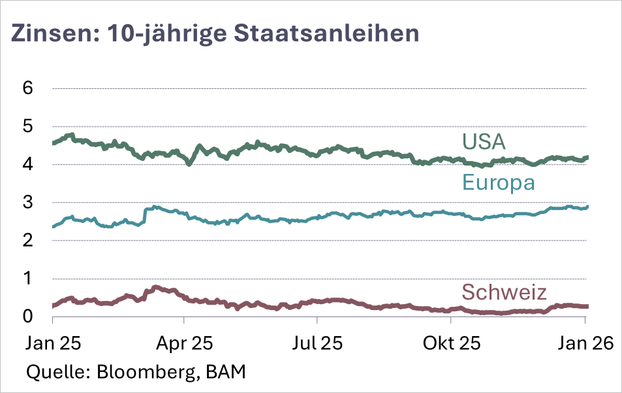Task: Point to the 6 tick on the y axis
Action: tap(28, 88)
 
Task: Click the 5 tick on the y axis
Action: tap(28, 126)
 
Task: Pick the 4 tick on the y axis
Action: tap(28, 164)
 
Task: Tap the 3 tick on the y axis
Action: tap(28, 202)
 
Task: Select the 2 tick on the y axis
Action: tap(28, 241)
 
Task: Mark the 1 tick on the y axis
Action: tap(28, 279)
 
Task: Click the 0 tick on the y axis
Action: tap(28, 316)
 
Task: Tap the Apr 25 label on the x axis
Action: tap(185, 343)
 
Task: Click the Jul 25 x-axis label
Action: tap(317, 343)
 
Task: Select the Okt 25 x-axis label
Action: tap(451, 343)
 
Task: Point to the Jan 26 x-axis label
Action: tap(585, 343)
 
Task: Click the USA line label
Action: tap(484, 141)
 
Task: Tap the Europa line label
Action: tap(499, 182)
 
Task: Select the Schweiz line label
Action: tap(504, 292)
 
